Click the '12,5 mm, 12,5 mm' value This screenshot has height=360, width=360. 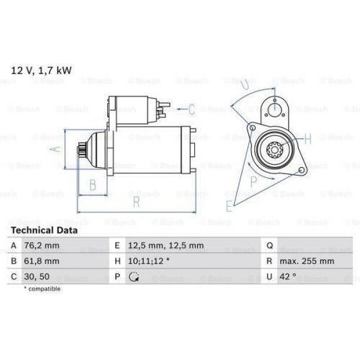point(166,245)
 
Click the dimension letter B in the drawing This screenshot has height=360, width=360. point(92,185)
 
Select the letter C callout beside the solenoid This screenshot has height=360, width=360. point(192,109)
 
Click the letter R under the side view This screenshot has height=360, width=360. point(135,202)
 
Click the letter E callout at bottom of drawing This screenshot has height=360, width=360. point(230,207)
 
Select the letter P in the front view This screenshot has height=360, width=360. point(253,181)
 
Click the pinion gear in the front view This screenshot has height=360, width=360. point(274,152)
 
